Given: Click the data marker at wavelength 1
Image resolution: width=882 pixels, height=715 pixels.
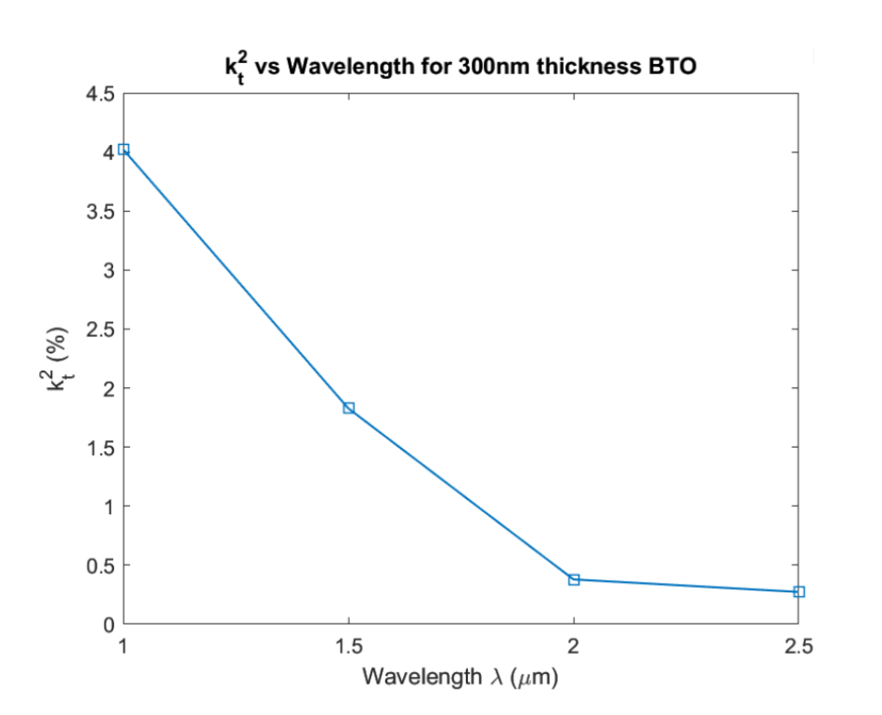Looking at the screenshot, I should coord(123,149).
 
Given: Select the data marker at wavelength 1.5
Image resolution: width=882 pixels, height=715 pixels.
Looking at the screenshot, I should coord(349,408).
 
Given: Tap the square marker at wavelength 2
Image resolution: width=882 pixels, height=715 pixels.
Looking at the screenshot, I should coord(574,579).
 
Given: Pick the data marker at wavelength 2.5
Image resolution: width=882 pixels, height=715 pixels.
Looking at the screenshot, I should coord(799,591).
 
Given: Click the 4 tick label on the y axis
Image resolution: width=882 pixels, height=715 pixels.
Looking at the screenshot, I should coord(108,152).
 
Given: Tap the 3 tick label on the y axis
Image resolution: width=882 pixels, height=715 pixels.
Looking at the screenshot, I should coord(108,270).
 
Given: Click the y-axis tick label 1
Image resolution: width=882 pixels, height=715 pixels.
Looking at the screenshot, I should coord(108,506).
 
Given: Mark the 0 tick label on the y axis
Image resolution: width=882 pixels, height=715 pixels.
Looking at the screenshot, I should coord(108,624).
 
